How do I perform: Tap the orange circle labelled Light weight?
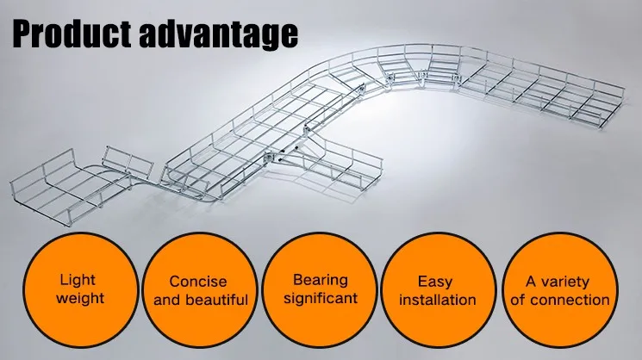click(x=80, y=291)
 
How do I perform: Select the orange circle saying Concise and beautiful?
click(x=197, y=291)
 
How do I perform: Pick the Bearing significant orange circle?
click(x=321, y=290)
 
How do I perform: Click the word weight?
click(x=80, y=300)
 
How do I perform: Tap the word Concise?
click(x=198, y=282)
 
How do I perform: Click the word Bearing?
click(x=321, y=280)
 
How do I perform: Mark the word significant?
click(x=321, y=299)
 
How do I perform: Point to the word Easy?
click(x=435, y=282)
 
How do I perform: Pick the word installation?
click(x=441, y=301)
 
